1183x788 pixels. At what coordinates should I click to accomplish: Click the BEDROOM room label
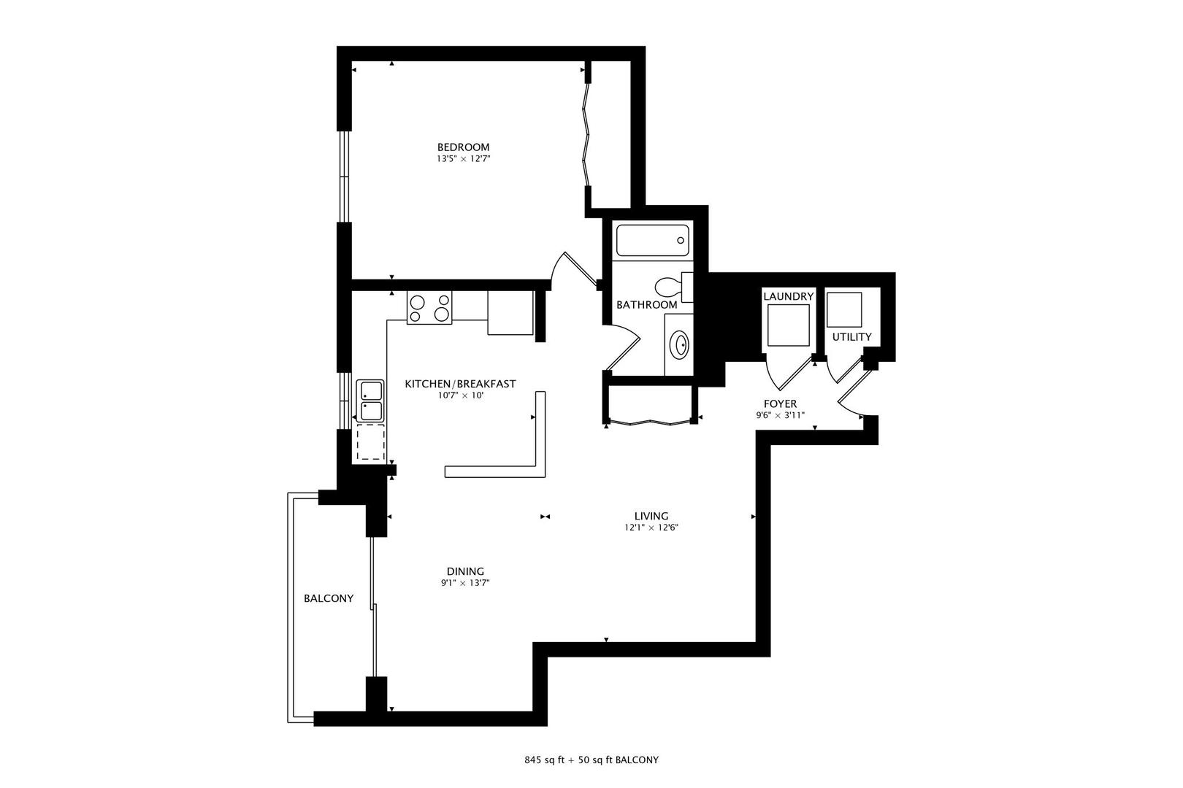tap(463, 147)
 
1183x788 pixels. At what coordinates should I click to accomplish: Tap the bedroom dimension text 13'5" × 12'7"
tap(463, 158)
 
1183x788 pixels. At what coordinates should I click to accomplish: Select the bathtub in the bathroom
tap(652, 241)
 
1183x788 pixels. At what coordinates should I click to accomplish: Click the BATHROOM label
tap(646, 305)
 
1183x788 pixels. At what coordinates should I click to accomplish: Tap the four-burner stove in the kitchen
tap(429, 307)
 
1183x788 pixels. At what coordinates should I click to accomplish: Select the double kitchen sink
tap(370, 401)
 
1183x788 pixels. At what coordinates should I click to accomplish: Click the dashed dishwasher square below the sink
tap(370, 443)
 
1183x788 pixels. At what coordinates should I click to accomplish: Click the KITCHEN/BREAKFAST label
tap(460, 384)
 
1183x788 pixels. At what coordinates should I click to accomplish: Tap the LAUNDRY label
tap(788, 296)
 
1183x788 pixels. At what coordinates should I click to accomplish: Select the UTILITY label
tap(851, 337)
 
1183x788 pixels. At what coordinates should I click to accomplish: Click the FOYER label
tap(780, 403)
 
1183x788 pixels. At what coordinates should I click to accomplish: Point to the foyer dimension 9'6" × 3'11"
tap(780, 415)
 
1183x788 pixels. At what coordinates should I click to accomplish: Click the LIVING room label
tap(651, 516)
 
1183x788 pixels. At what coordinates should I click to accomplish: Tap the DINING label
tap(465, 571)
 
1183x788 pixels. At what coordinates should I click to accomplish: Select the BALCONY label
tap(329, 598)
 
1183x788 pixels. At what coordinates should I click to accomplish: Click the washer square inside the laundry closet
tap(789, 325)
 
